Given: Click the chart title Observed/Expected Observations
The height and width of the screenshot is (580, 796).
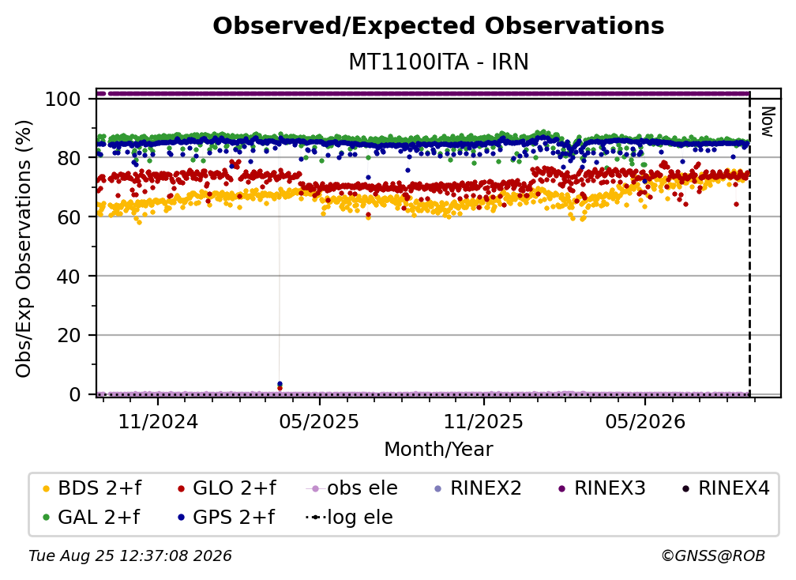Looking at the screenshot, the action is (x=438, y=26).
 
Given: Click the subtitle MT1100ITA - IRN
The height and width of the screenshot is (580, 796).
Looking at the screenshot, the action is (x=438, y=62).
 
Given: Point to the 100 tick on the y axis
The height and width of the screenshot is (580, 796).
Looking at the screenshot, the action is (x=63, y=99).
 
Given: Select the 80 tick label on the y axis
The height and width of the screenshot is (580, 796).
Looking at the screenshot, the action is (x=69, y=158).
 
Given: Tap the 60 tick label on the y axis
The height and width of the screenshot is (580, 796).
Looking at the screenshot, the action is (x=69, y=217).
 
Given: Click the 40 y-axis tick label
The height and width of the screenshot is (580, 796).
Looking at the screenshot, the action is (x=69, y=277).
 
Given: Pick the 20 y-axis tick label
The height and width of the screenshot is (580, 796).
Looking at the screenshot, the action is (x=69, y=335).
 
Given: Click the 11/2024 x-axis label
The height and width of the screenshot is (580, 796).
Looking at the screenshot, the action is (x=158, y=421).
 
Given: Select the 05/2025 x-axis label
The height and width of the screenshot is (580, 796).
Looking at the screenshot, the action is (x=319, y=421).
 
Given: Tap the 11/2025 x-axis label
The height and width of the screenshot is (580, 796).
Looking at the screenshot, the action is (x=484, y=421).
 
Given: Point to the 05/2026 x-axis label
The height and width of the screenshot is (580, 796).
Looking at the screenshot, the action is (x=645, y=421).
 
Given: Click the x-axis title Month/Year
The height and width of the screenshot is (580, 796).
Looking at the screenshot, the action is (x=438, y=450).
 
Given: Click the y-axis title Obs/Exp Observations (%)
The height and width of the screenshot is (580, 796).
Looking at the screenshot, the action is (x=24, y=249).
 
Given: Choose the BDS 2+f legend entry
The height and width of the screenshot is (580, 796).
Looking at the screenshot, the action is (x=92, y=488).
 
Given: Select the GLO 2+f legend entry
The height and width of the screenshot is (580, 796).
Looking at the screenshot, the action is (x=227, y=488).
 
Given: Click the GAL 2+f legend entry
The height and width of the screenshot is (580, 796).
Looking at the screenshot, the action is (x=92, y=517).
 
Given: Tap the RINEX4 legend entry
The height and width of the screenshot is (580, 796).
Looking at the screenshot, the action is (x=726, y=488).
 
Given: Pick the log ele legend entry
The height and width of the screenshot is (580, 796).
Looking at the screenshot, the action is (x=349, y=517).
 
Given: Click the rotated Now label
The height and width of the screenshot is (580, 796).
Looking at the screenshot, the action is (x=767, y=122).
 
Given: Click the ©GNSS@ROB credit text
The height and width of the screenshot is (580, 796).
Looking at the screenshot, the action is (x=713, y=556).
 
